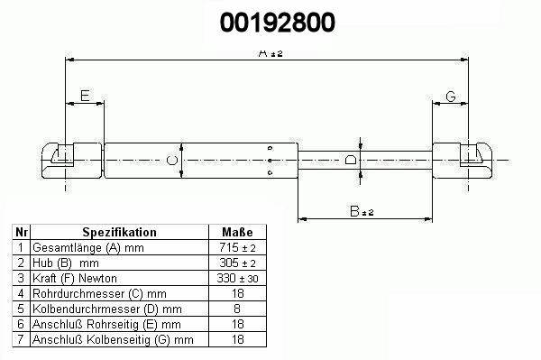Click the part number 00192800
coord(278,23)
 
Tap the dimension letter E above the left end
coord(85,96)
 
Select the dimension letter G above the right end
coord(451,97)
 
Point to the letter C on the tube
coord(172,161)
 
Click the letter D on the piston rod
coord(351,161)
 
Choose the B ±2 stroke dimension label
coord(362,211)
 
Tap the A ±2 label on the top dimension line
coord(270,53)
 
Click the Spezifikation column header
coord(119,232)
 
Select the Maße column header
coord(237,232)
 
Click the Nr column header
coord(22,232)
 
